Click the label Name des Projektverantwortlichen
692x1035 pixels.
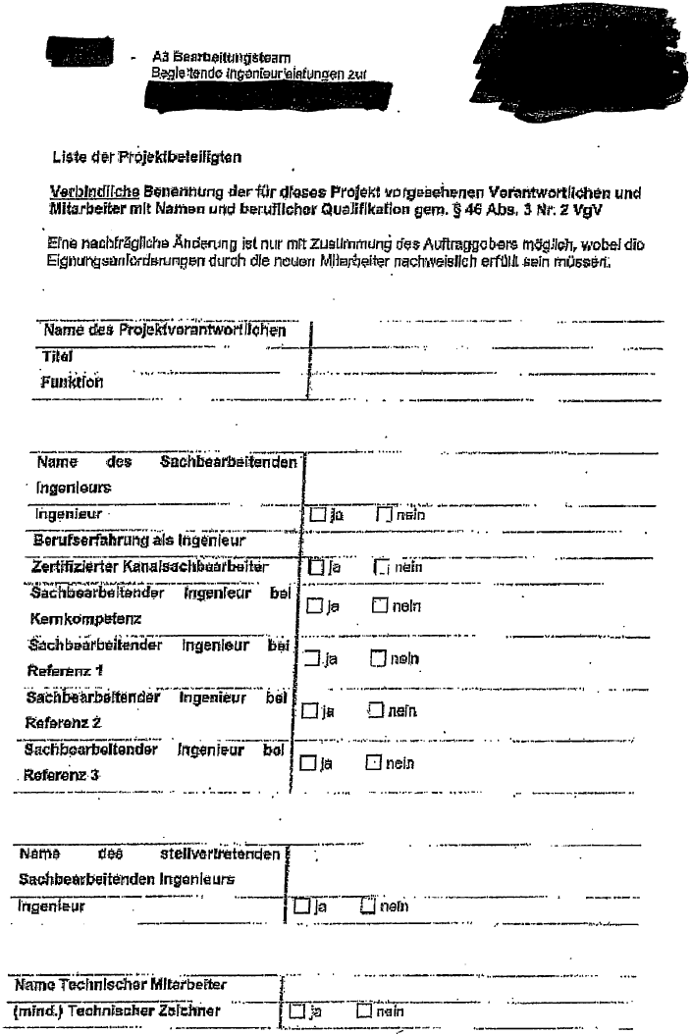coord(165,331)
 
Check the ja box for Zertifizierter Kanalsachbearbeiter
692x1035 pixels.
coord(315,567)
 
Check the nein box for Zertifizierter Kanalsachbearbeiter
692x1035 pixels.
coord(381,567)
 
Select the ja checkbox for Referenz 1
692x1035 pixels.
coord(313,659)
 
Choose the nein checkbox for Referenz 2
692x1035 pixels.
coord(374,711)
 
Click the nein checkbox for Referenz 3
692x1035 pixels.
coord(373,762)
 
